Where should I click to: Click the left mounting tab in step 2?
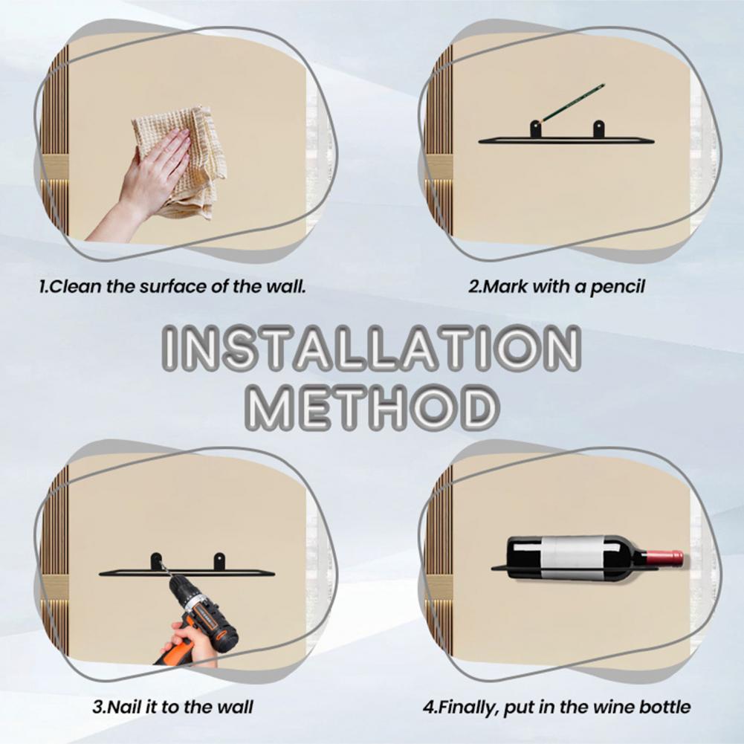(536, 129)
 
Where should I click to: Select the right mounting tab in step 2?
(599, 129)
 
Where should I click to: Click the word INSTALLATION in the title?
(372, 349)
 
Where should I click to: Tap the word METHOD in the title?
(372, 407)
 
